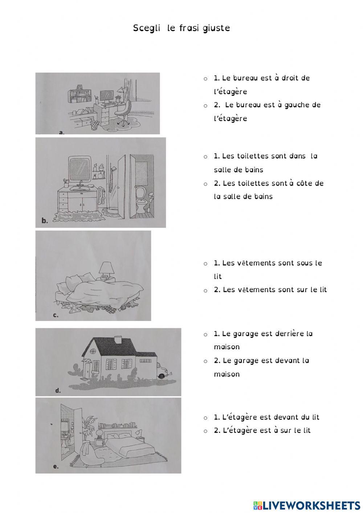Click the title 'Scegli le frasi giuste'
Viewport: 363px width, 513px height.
click(x=181, y=28)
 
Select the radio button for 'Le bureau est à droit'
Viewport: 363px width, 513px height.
click(x=205, y=79)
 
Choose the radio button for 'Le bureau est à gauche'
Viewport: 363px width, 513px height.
click(x=205, y=106)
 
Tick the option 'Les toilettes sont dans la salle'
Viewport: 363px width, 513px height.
click(x=205, y=157)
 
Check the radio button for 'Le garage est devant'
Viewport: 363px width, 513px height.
click(x=205, y=362)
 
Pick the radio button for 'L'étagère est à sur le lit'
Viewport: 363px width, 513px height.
click(x=205, y=431)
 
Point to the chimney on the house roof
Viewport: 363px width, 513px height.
click(x=118, y=339)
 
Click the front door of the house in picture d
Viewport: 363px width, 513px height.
click(x=87, y=369)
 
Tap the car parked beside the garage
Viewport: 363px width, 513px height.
click(x=164, y=371)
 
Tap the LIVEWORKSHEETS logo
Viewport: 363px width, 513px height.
click(x=306, y=505)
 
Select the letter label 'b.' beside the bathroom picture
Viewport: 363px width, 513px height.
click(x=45, y=220)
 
